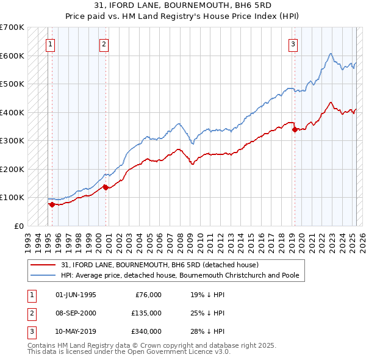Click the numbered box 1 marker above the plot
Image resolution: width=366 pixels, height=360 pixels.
click(49, 44)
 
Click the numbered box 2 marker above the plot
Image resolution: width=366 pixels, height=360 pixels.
click(104, 44)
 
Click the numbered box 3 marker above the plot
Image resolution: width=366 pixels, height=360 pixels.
click(293, 44)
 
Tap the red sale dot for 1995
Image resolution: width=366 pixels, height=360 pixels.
click(52, 204)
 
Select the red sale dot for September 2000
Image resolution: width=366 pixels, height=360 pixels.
click(106, 187)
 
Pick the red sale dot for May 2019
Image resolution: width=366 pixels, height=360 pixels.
click(295, 129)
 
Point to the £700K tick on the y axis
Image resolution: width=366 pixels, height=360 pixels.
click(12, 27)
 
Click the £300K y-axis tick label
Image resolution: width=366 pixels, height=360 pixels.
click(12, 140)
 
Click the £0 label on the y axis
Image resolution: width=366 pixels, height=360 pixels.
click(18, 226)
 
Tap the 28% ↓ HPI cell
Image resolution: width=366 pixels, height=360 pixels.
click(207, 331)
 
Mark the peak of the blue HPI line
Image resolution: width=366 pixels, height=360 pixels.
click(330, 54)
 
